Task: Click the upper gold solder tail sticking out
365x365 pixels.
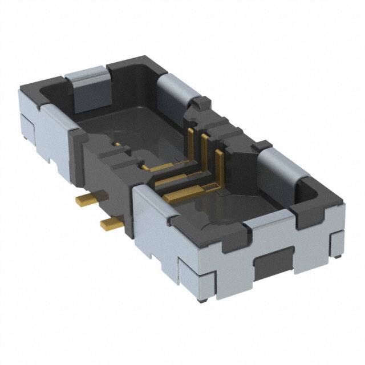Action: pos(86,199)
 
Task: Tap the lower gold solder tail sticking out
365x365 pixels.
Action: pos(111,224)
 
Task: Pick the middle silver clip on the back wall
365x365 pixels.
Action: pos(173,91)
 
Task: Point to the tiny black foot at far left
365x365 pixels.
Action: pos(25,139)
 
